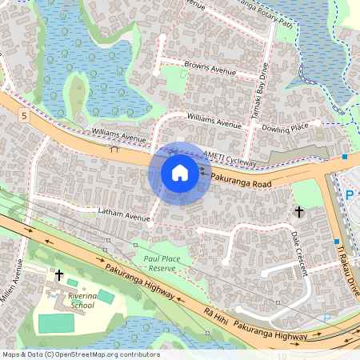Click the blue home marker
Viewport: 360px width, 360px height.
point(180,172)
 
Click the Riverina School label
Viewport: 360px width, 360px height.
point(83,300)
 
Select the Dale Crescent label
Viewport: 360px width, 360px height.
point(300,254)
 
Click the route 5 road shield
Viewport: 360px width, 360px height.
point(25,116)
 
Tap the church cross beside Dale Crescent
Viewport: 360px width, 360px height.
point(299,212)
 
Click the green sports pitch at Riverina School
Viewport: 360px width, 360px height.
point(54,323)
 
